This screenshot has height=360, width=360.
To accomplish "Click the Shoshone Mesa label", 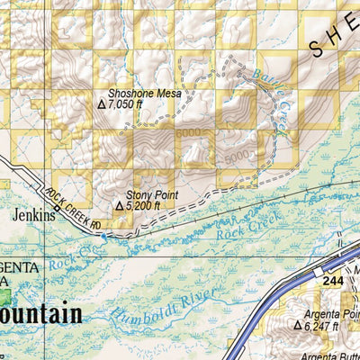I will tap(144, 93).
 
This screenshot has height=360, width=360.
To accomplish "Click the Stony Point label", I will tap(152, 194).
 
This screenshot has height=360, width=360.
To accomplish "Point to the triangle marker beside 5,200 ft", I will tap(119, 206).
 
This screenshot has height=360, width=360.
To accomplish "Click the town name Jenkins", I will tap(33, 216).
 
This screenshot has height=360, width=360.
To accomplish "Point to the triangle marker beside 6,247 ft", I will tap(297, 326).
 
